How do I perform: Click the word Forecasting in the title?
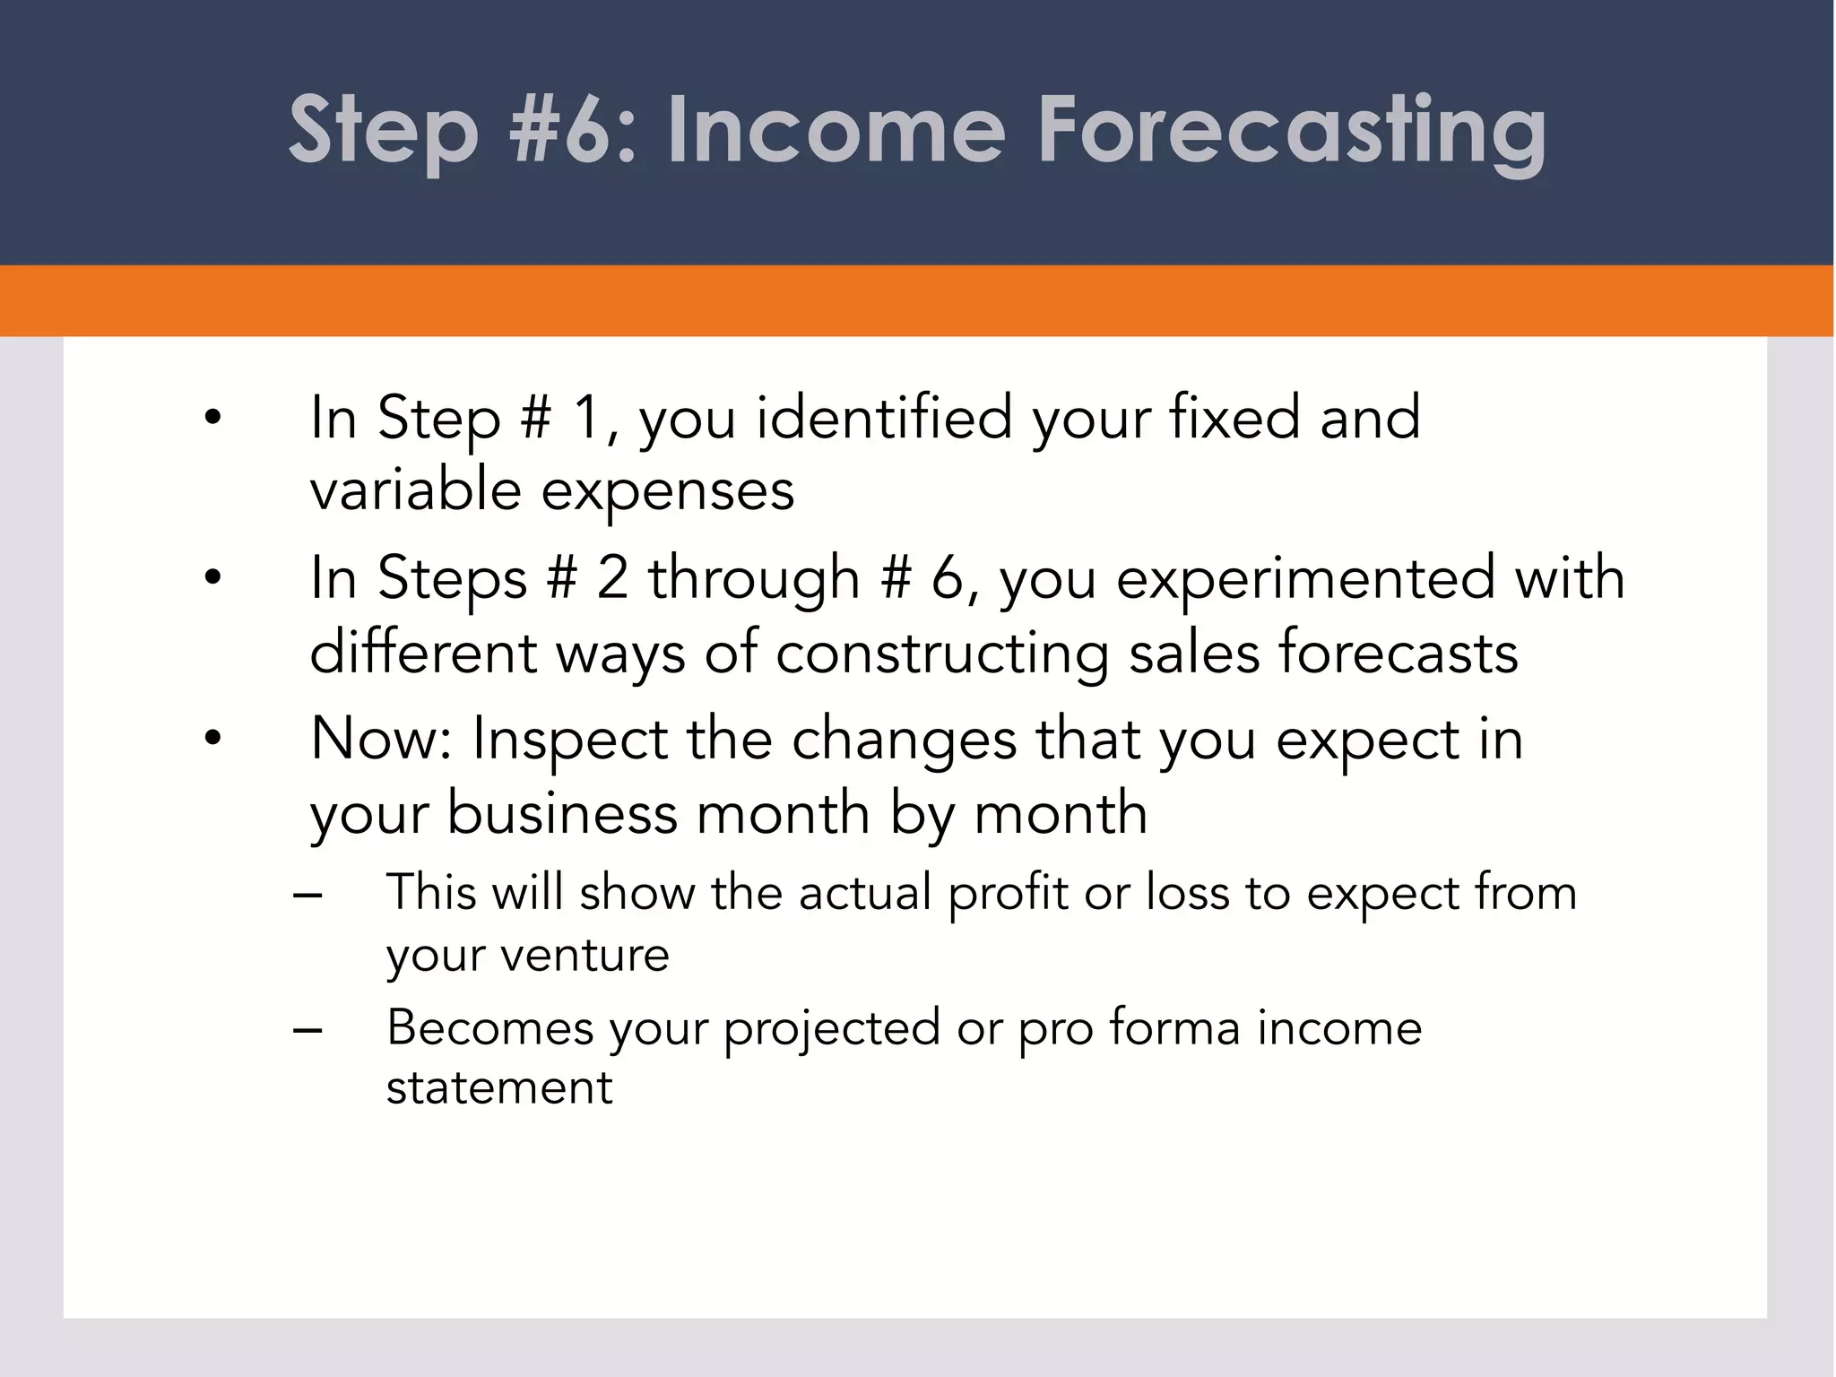point(1291,132)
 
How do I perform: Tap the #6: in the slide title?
point(573,132)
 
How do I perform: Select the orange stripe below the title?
point(918,301)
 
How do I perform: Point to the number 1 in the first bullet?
point(586,418)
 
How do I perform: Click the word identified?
point(884,418)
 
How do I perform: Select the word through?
point(754,579)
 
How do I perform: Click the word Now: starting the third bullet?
point(382,740)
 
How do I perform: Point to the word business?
point(562,814)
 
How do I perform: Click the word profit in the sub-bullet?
point(1008,894)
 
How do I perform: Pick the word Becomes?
point(490,1027)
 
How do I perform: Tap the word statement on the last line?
point(499,1088)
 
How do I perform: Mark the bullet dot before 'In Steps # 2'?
point(212,578)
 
